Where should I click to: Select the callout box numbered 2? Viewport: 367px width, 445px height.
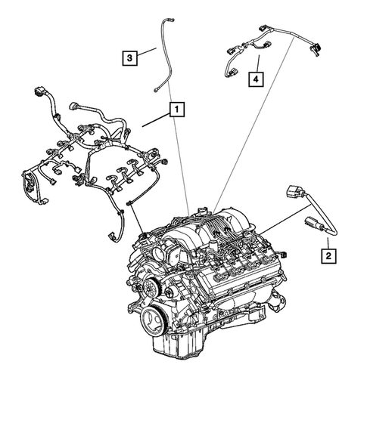click(x=328, y=255)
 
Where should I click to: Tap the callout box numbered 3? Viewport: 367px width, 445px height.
click(x=131, y=57)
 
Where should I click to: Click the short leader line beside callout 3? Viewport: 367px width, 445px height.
click(x=147, y=54)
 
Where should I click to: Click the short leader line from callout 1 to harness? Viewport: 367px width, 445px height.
click(x=156, y=116)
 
